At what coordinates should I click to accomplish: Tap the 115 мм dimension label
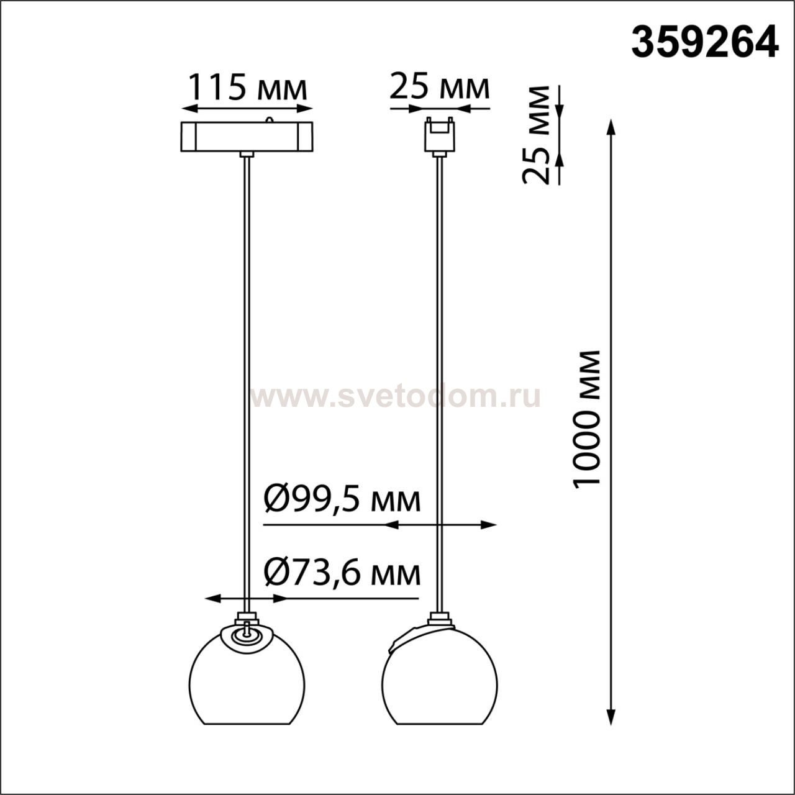point(247,88)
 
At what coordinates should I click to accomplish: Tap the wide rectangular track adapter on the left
point(247,136)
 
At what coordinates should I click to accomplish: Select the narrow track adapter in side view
point(440,135)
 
